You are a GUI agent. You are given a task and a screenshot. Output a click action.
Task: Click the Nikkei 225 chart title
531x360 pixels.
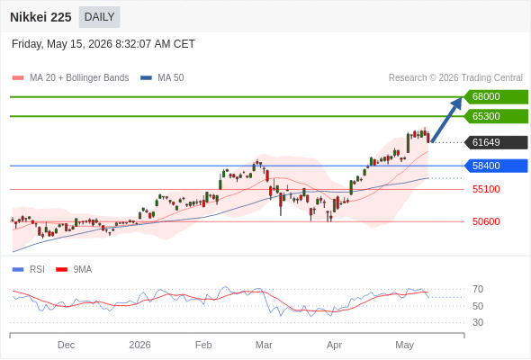[40, 17]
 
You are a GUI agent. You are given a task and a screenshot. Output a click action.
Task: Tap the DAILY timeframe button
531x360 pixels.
[99, 17]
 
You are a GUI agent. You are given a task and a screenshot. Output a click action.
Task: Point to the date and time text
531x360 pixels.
[103, 44]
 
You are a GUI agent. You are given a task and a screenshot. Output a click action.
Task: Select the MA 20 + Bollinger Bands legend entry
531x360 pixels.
[70, 78]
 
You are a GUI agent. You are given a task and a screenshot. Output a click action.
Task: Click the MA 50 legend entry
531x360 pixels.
[162, 78]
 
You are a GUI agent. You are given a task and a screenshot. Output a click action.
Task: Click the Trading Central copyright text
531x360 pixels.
[455, 78]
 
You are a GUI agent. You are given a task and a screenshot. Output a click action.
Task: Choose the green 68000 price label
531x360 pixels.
[496, 96]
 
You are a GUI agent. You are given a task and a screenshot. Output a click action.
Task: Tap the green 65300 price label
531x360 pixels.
[496, 116]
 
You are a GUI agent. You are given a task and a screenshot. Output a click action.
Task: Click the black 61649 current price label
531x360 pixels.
[496, 142]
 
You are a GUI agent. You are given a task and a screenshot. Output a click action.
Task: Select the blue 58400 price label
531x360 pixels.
[496, 166]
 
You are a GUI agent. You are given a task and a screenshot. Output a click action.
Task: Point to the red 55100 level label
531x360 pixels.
[486, 189]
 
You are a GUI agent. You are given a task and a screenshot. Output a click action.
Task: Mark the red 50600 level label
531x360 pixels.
[486, 221]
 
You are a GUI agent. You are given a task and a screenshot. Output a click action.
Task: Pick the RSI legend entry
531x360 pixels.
[29, 270]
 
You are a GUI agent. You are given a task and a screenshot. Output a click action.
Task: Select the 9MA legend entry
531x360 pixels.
[74, 270]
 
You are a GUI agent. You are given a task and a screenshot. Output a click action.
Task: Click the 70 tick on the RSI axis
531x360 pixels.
[478, 289]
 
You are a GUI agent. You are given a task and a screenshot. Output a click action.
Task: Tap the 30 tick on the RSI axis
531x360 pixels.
[478, 322]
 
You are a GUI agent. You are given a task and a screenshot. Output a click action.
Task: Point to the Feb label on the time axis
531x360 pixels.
[203, 345]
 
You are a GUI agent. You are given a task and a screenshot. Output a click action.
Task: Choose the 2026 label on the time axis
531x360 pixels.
[139, 345]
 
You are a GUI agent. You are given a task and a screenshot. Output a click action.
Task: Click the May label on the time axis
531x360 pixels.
[404, 345]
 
